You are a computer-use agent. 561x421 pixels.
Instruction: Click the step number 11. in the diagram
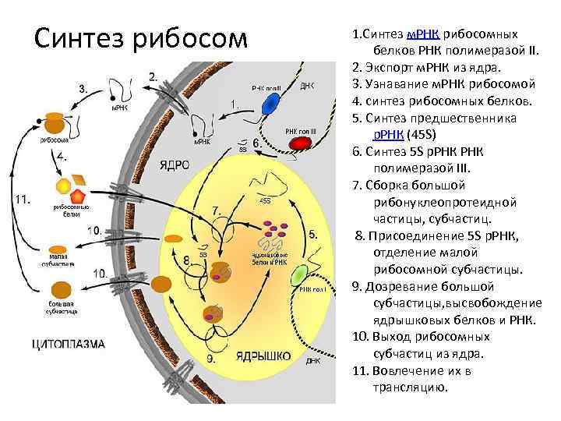click(22, 199)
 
